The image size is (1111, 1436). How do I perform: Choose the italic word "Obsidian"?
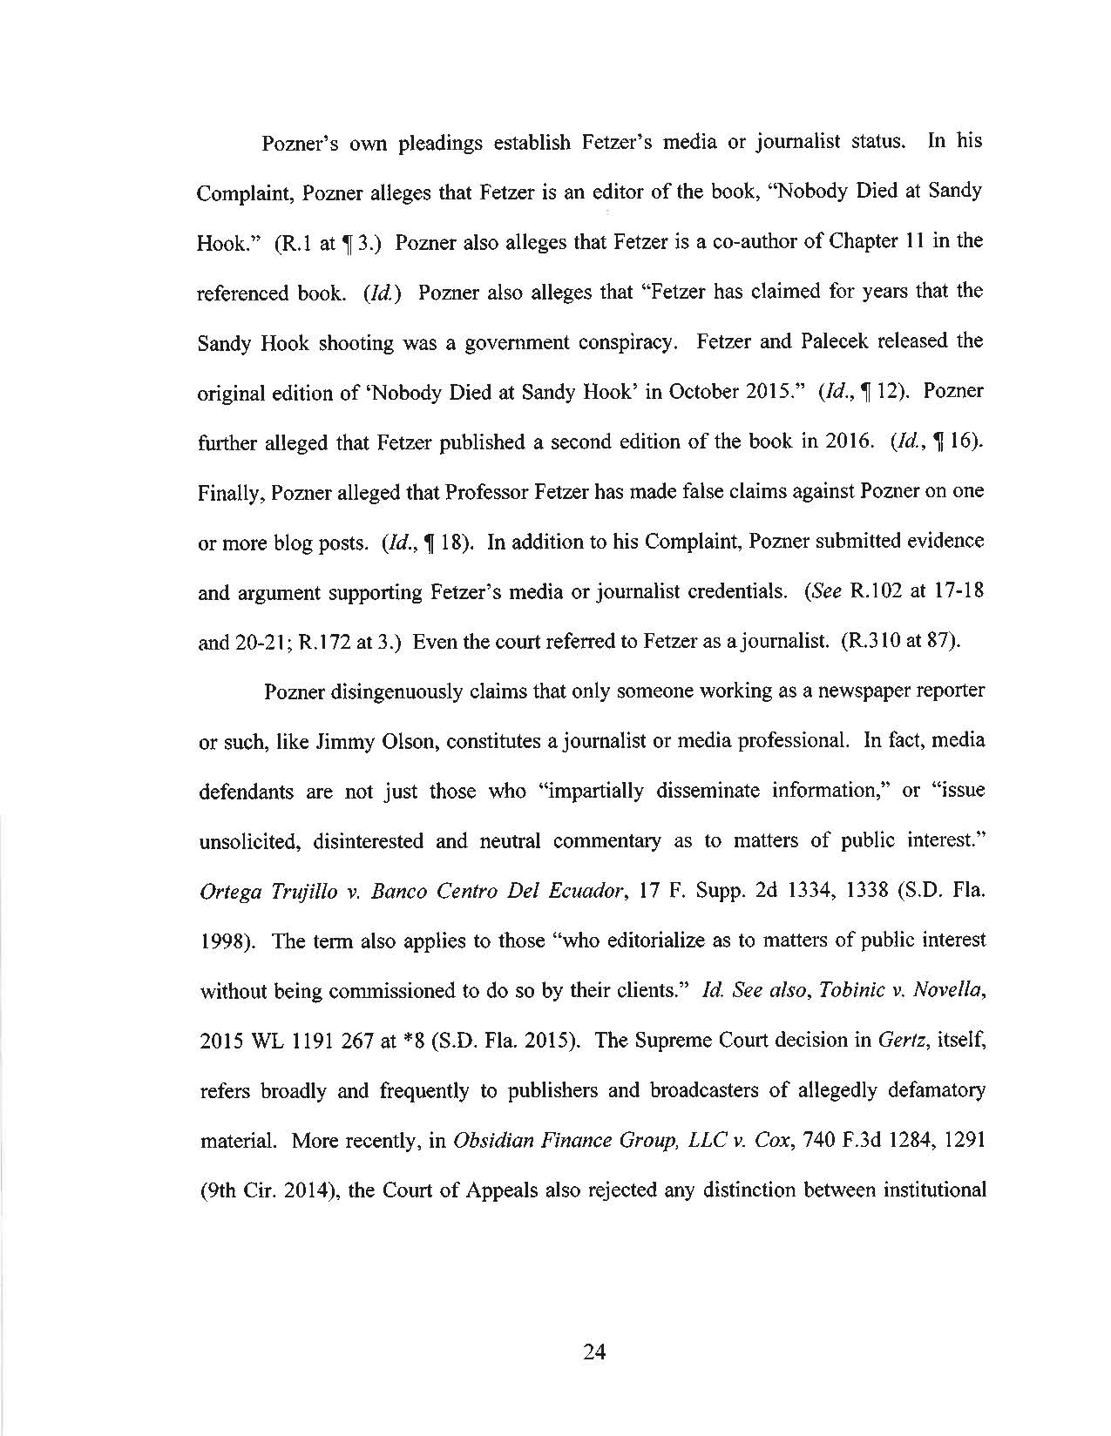[x=492, y=1141]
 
